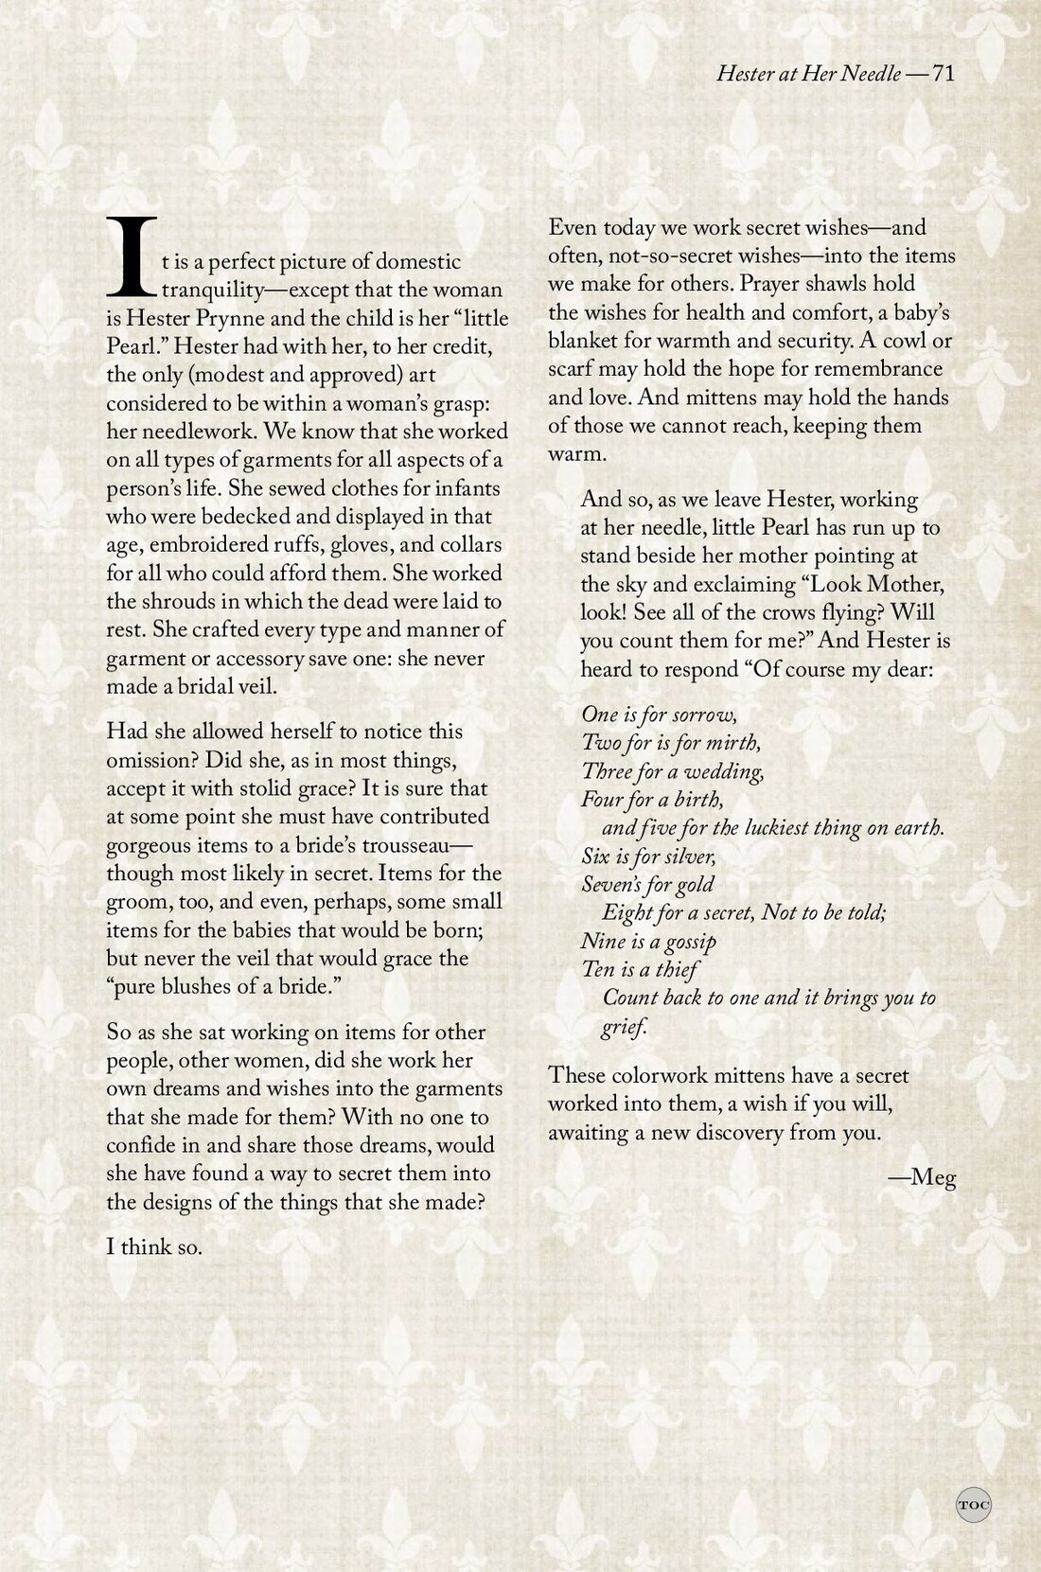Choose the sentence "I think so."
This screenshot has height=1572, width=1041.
(x=154, y=1246)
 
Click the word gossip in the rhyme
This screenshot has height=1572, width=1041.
(x=686, y=941)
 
